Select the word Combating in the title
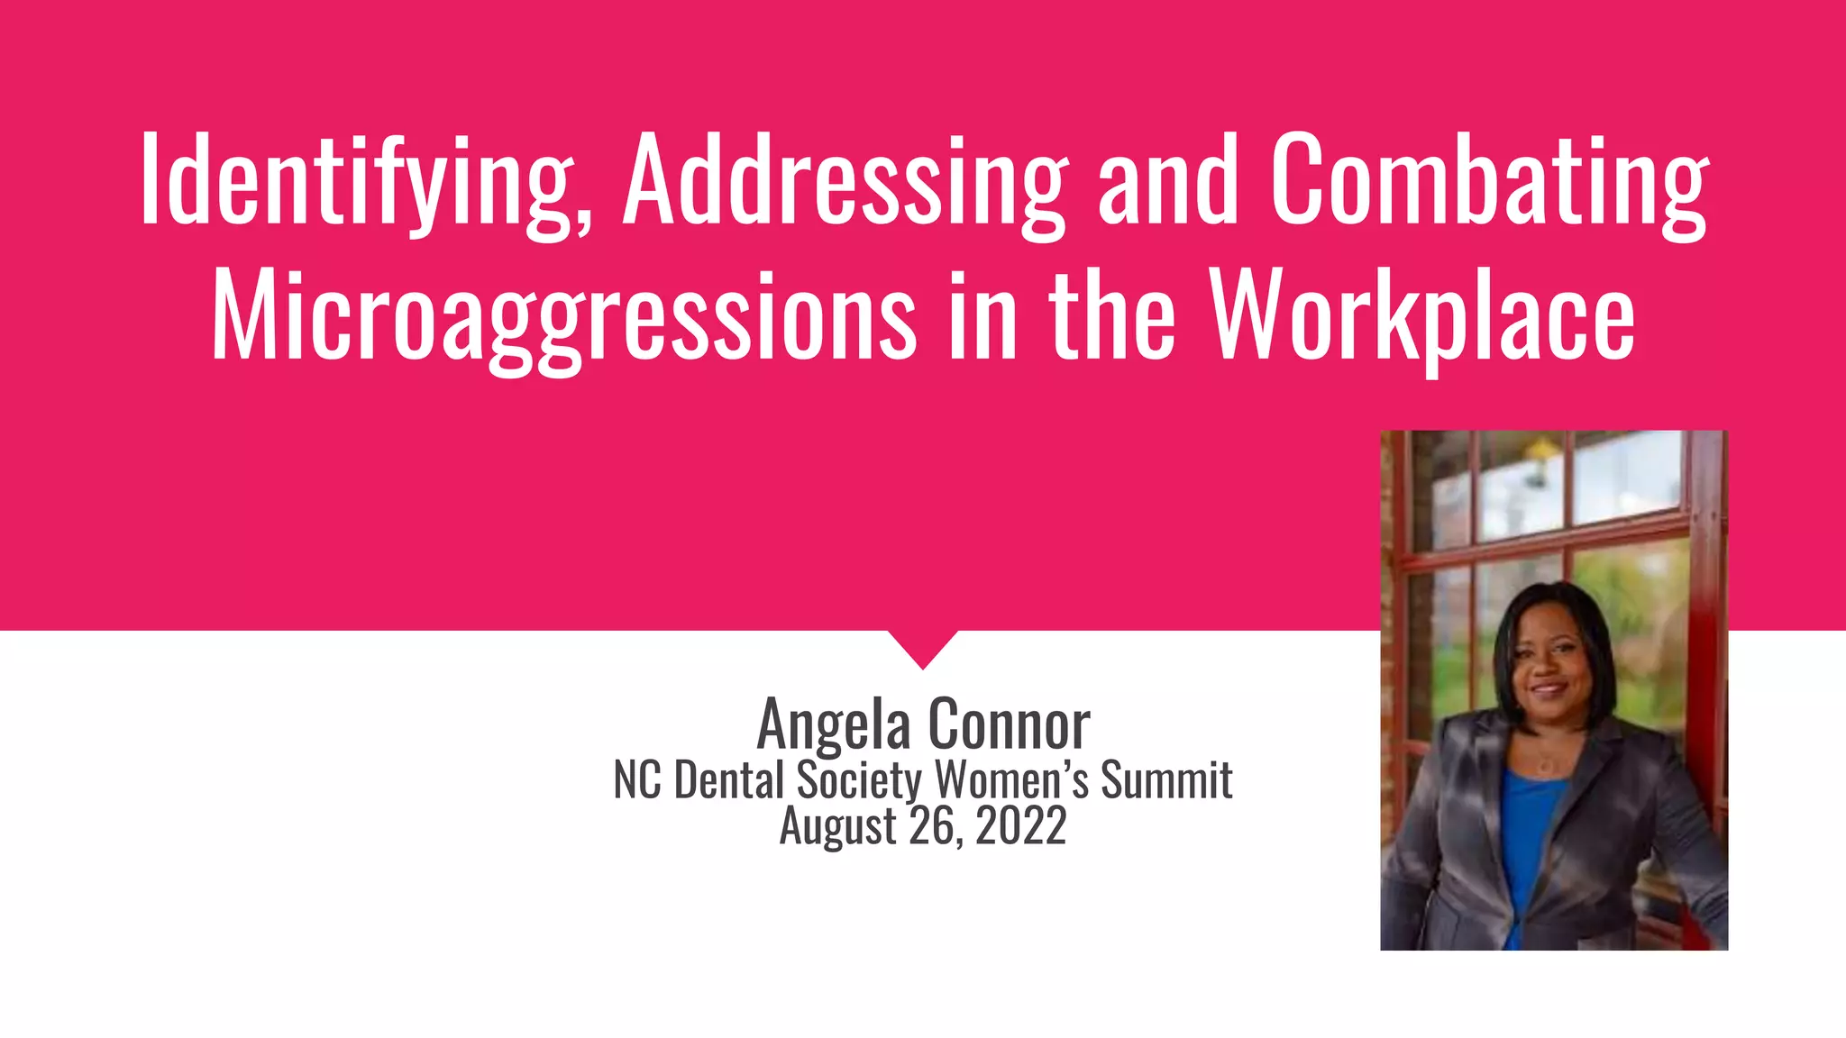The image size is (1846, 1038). [1488, 180]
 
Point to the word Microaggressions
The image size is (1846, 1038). [563, 315]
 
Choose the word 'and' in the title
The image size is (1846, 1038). [1168, 180]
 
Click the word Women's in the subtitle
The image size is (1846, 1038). [1011, 780]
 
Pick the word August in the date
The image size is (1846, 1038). [838, 825]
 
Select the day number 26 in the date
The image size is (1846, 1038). [932, 825]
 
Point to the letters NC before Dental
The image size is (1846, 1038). [638, 780]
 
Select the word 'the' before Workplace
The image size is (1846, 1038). [1112, 315]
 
